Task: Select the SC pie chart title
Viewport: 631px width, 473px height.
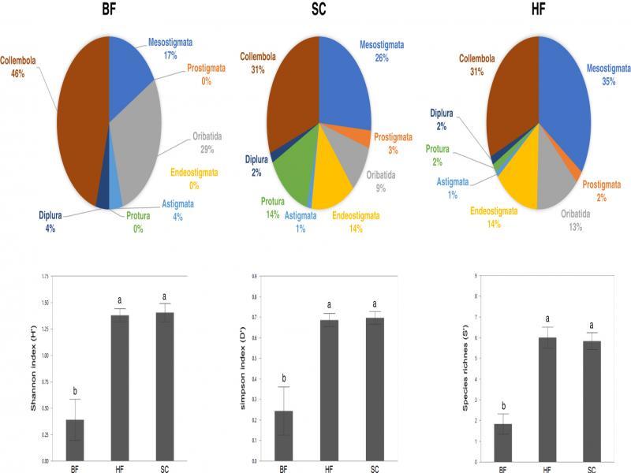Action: pos(319,10)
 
